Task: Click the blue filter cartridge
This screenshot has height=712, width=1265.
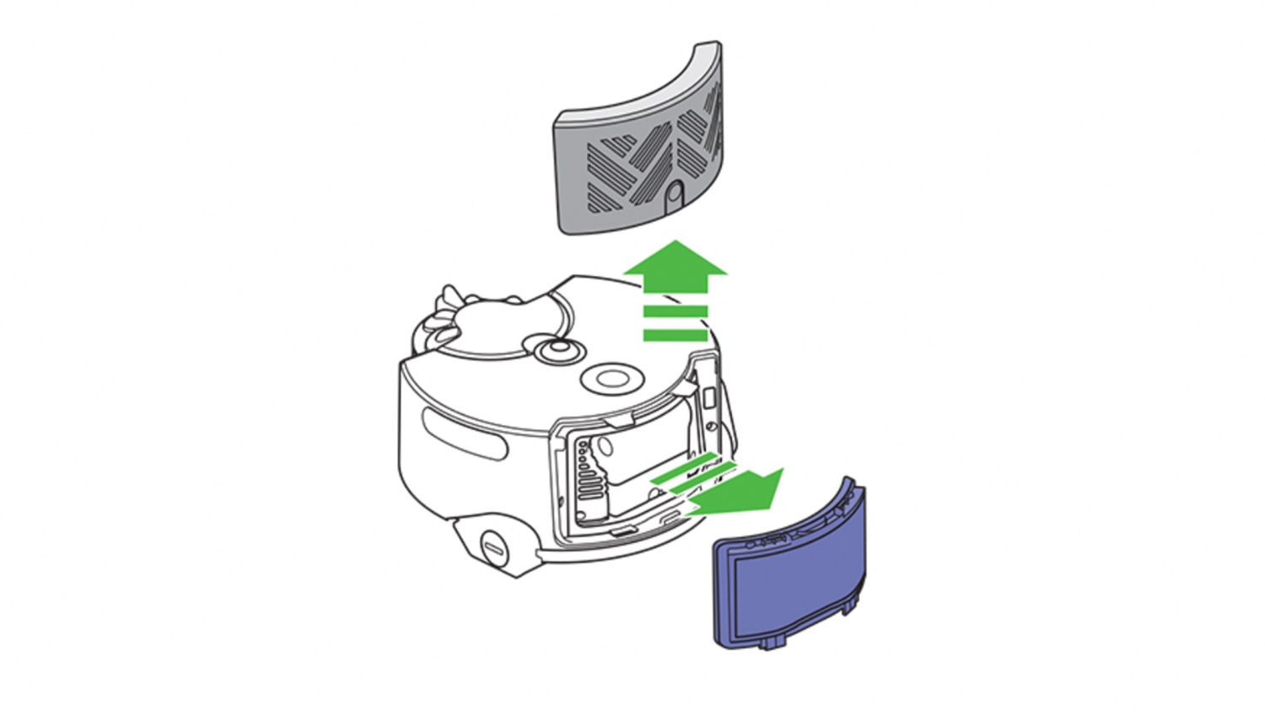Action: [789, 574]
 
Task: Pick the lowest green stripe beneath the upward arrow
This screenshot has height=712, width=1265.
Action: [675, 335]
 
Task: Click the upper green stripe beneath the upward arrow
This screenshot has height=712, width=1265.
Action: [675, 311]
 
